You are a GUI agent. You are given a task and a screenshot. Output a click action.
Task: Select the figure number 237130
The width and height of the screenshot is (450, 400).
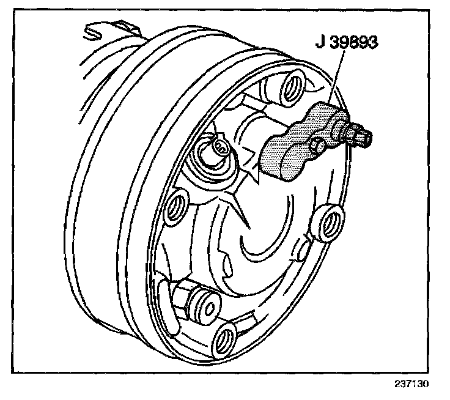click(x=409, y=386)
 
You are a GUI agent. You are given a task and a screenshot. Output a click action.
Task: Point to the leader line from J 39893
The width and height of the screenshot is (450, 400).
click(x=337, y=80)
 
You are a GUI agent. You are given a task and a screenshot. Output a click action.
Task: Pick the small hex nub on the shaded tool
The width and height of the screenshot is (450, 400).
click(x=316, y=146)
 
